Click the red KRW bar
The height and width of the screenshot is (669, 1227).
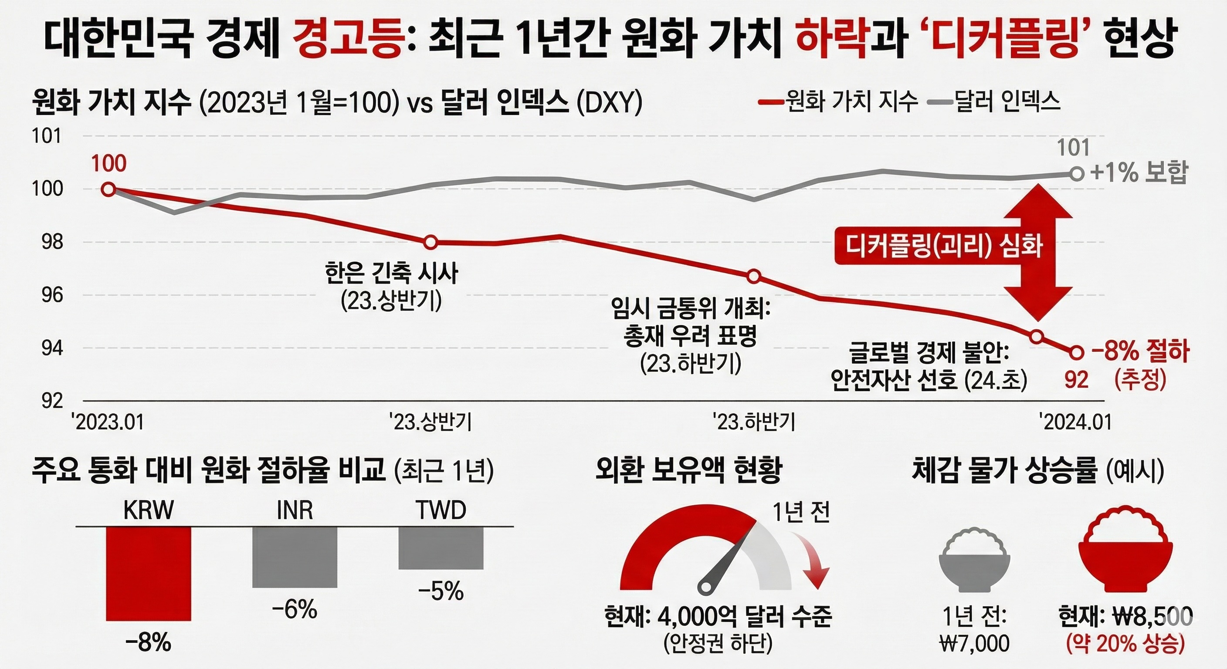(148, 573)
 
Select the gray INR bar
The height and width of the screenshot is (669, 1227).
(295, 557)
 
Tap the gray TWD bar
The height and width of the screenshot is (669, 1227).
(441, 547)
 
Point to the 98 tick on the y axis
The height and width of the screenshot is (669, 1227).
(52, 242)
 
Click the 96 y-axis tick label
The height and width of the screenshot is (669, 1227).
(52, 295)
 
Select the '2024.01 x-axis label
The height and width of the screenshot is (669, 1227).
(1075, 422)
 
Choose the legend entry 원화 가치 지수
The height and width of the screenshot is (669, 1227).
(837, 102)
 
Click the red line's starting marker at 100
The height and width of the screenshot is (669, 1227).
(108, 189)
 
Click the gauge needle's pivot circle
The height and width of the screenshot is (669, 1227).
(706, 586)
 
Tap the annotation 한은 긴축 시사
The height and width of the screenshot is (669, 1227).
(392, 274)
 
